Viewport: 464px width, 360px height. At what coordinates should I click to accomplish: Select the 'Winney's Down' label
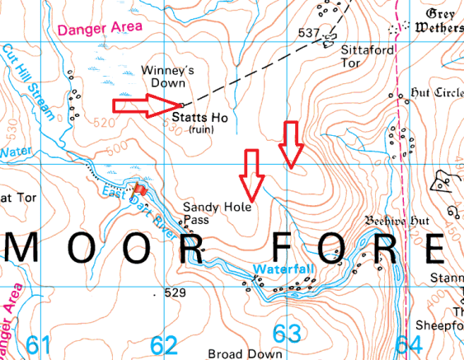pos(168,77)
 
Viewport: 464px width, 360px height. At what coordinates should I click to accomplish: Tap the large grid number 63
pos(287,334)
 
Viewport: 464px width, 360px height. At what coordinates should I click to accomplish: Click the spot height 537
pos(308,34)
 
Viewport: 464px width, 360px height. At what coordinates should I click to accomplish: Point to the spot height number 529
pos(176,292)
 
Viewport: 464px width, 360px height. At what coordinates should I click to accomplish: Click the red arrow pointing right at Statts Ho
pos(145,105)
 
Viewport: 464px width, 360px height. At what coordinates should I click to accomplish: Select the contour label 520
pos(105,122)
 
